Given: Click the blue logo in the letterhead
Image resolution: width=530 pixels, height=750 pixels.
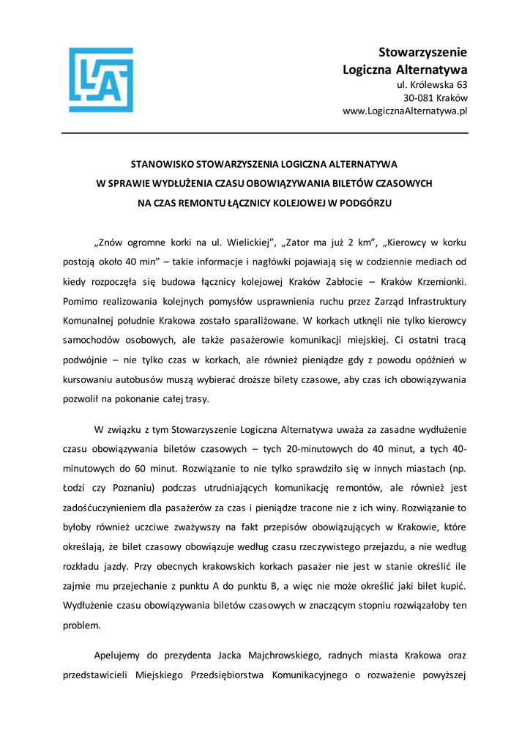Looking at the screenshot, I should [x=101, y=80].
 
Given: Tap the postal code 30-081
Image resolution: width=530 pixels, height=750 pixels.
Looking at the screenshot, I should [x=419, y=98].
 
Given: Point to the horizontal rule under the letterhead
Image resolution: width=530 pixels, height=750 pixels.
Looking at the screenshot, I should [x=265, y=133].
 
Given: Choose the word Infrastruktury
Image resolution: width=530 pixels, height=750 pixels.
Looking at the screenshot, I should [x=432, y=301].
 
